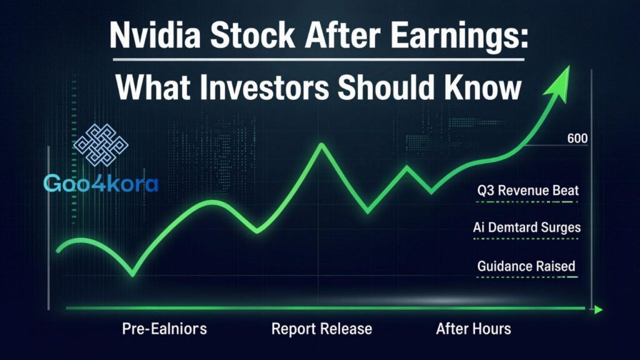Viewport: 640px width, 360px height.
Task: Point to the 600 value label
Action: (x=576, y=139)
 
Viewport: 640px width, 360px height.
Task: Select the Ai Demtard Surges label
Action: (x=527, y=228)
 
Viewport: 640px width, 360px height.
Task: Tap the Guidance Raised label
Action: (x=526, y=266)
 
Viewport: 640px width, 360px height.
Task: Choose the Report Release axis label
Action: (x=322, y=328)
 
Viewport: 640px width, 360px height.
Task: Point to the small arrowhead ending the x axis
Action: (x=598, y=309)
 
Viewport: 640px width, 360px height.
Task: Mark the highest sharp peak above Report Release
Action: (x=321, y=145)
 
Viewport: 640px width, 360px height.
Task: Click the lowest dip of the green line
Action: (x=132, y=274)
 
